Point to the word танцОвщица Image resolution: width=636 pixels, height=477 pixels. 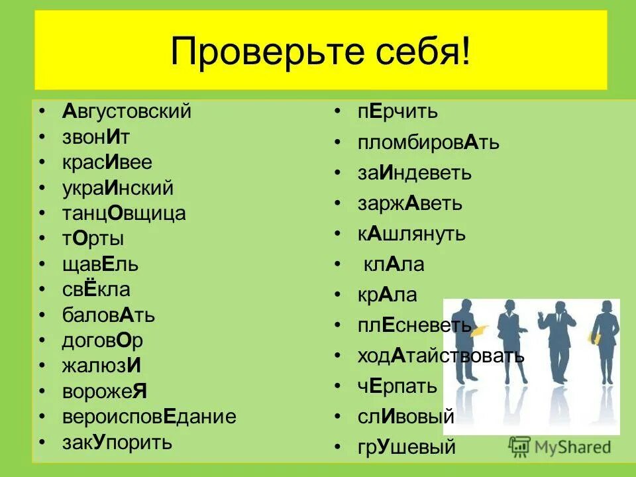124,213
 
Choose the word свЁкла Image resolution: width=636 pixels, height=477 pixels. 96,290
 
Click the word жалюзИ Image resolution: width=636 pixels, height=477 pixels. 101,366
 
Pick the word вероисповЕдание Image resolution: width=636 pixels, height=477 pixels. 149,417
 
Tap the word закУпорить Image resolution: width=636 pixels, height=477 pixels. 117,442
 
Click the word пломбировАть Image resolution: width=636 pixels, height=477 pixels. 428,142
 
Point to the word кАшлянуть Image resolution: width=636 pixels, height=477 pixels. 411,234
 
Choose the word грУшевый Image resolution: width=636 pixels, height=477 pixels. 406,447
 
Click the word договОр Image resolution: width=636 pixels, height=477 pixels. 103,341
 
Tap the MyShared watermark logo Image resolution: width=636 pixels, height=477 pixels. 560,446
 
